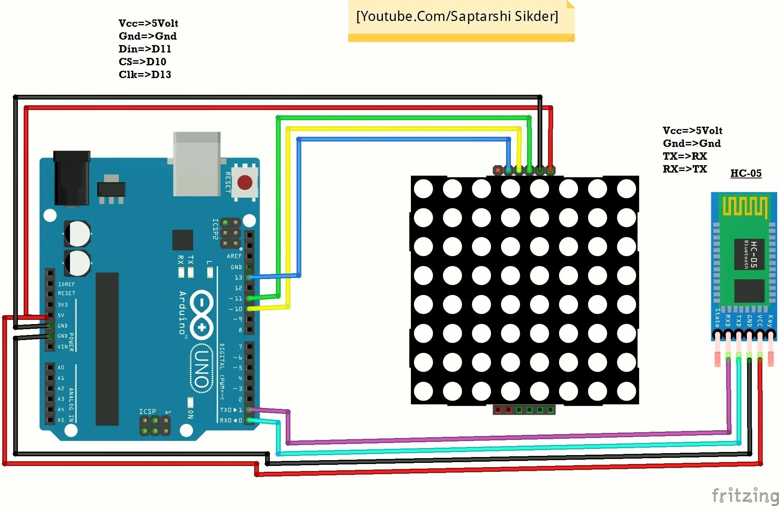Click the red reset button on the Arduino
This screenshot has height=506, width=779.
pos(245,182)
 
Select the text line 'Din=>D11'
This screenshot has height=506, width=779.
pos(145,49)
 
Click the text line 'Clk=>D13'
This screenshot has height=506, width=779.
pos(145,75)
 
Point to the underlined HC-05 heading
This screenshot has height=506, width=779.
pos(746,173)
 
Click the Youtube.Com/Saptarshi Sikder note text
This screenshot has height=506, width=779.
pos(457,16)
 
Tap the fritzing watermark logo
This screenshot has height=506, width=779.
pos(745,496)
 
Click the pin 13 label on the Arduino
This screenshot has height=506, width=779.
pos(238,277)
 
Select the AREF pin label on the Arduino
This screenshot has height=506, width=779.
pos(234,256)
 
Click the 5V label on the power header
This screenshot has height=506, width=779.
pos(61,315)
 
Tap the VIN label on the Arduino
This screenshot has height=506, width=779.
pos(63,347)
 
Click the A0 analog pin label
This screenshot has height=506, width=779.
pos(61,368)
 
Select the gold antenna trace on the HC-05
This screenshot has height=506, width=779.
pos(744,206)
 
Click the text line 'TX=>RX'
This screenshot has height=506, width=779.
pos(685,156)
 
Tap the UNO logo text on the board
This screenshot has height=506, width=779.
pos(202,368)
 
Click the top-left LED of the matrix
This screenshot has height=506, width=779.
pos(423,189)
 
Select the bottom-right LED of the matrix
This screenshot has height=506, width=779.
pos(626,391)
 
